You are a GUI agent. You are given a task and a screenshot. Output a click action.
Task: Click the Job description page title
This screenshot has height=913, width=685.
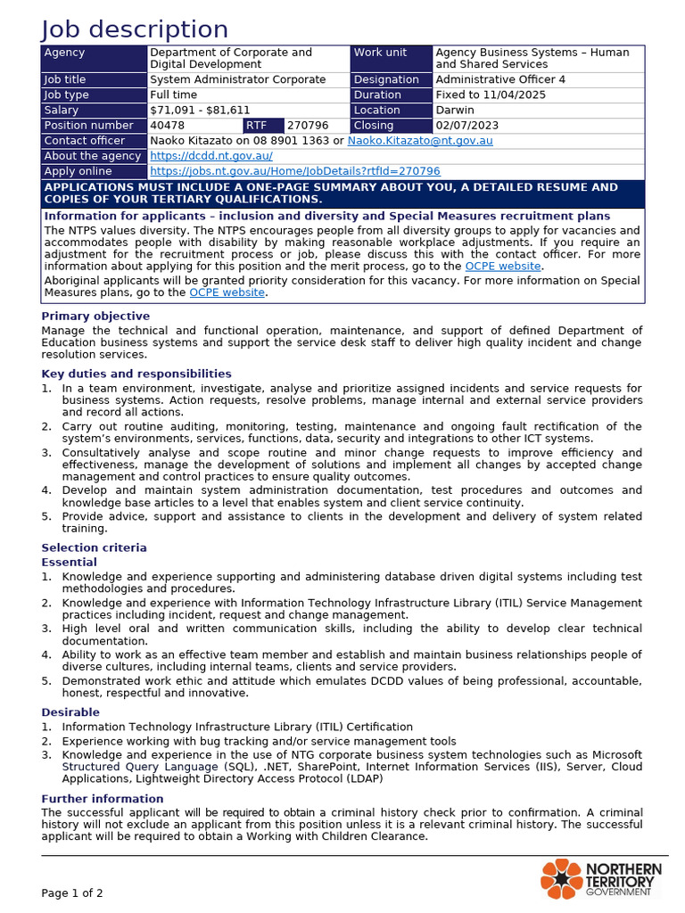pos(135,29)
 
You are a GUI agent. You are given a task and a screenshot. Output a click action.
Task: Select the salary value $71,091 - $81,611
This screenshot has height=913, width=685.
pos(200,111)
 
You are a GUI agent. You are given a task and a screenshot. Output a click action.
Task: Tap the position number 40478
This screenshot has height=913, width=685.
pos(168,126)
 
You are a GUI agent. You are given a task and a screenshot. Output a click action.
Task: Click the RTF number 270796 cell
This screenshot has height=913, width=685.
pos(308,126)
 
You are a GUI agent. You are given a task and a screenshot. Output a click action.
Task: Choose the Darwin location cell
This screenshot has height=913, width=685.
pos(455,111)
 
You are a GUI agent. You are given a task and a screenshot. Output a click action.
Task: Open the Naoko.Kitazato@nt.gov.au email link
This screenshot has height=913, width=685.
pos(420,141)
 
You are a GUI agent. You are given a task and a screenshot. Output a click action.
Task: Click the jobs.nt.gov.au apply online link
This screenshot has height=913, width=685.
pos(295,171)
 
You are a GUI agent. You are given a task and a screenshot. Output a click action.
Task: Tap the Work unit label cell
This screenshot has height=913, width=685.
pos(380,53)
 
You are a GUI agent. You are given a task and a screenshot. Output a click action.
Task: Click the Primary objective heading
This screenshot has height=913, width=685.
pos(95,317)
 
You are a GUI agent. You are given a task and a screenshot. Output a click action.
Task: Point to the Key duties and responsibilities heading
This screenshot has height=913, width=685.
pos(136,374)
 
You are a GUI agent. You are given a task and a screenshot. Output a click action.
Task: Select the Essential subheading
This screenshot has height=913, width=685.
pos(70,563)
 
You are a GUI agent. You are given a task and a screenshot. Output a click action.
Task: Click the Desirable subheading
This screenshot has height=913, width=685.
pos(70,712)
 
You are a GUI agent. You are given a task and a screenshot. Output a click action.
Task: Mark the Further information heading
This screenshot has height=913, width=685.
pos(103,799)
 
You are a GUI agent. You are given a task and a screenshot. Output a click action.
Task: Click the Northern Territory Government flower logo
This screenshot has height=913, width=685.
pos(561,879)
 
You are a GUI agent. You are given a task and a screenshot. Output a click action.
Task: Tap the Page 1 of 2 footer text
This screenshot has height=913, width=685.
pos(72,892)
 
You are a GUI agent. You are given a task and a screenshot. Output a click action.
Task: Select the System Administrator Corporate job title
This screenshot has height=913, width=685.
pos(238,79)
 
